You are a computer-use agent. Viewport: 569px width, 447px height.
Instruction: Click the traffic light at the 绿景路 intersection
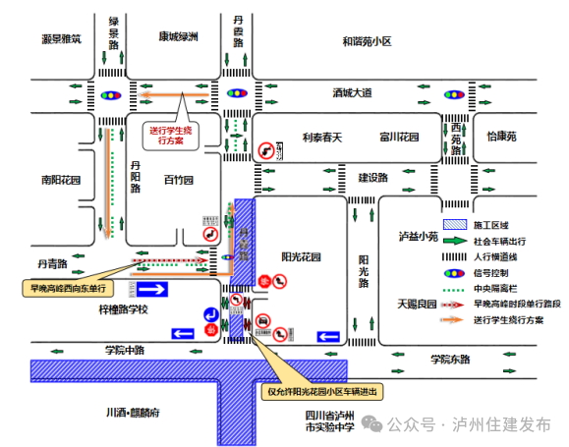109,95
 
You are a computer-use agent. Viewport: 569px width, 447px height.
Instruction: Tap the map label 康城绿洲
178,37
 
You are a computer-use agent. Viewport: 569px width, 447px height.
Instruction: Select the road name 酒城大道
352,93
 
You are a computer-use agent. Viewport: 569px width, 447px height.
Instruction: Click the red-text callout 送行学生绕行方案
173,134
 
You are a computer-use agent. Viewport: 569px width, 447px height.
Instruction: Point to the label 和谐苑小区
367,41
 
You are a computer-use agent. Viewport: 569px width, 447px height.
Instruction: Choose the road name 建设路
372,178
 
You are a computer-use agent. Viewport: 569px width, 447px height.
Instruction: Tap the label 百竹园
178,181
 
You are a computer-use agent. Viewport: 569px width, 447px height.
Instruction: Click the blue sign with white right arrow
155,288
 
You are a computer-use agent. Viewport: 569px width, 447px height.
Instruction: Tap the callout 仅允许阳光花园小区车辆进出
321,391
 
